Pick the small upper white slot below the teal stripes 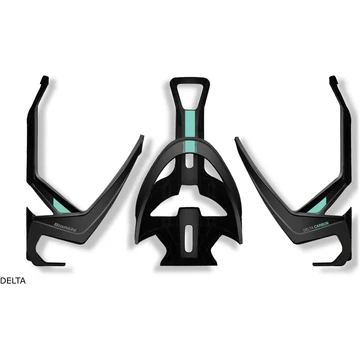[180, 179]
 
